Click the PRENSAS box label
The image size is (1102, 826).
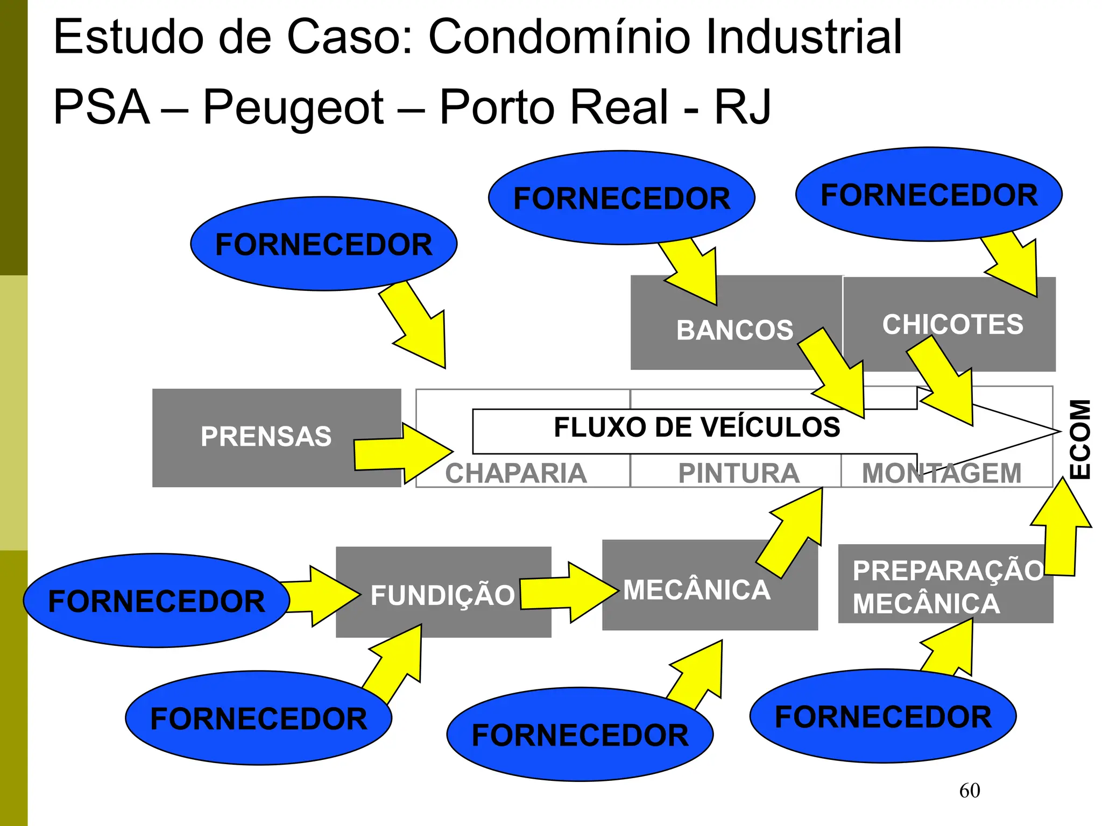pos(266,436)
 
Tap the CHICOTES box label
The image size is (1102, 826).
pos(952,324)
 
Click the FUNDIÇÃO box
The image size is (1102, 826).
pos(442,595)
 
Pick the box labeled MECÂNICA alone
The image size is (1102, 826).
pos(697,590)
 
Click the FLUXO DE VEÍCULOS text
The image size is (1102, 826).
pos(697,428)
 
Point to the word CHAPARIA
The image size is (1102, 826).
pos(515,473)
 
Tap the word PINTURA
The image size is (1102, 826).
pos(738,473)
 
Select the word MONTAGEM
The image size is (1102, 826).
pos(942,473)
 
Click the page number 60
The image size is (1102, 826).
pos(969,791)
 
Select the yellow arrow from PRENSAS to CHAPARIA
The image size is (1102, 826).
pos(401,453)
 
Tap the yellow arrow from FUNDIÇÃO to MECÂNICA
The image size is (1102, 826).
pos(568,593)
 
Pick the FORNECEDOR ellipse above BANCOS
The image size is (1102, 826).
pos(621,198)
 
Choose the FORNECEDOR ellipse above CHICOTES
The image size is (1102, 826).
pos(929,195)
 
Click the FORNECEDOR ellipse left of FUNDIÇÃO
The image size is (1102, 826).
pos(156,601)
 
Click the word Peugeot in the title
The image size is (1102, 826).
pos(293,107)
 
